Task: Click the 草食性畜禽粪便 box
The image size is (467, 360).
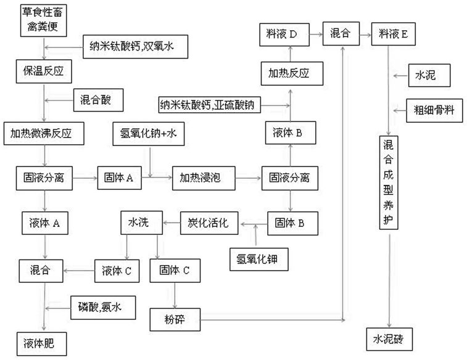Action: click(x=43, y=20)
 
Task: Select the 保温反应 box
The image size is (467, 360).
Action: click(x=44, y=72)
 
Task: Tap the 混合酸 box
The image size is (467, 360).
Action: click(x=98, y=100)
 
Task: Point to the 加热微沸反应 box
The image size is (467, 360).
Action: click(x=44, y=133)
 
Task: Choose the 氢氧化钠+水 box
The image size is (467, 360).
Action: click(x=148, y=134)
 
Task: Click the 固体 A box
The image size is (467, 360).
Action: click(x=120, y=178)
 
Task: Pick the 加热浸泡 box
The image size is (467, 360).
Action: click(x=204, y=178)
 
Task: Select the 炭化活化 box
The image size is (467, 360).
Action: click(x=209, y=223)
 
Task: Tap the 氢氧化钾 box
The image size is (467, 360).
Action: click(x=259, y=259)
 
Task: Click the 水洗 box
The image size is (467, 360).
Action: click(x=141, y=223)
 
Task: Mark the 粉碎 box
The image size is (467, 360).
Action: click(x=175, y=319)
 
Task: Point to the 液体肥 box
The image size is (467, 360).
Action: click(x=42, y=344)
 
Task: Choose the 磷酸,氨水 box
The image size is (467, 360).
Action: click(x=103, y=308)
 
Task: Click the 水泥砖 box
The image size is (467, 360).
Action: click(x=389, y=339)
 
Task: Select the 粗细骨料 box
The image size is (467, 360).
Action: click(x=434, y=111)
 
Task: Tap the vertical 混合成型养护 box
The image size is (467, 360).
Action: click(x=389, y=182)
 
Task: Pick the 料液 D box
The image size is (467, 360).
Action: click(x=284, y=35)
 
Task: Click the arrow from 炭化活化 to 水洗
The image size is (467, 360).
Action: click(x=172, y=223)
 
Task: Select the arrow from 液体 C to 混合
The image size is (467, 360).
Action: click(x=79, y=271)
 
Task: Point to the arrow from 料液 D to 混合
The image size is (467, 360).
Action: click(x=316, y=35)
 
